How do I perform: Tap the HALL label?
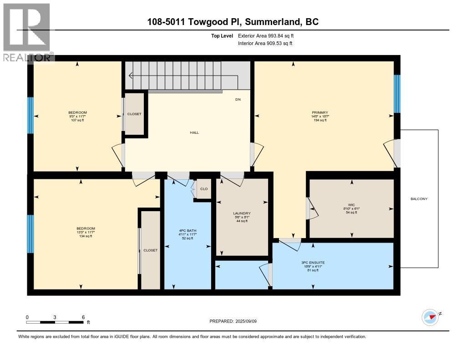194,132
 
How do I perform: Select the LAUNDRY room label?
242,213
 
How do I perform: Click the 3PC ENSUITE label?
313,263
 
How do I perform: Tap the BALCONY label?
419,199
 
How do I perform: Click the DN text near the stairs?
238,99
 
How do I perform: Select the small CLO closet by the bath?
204,189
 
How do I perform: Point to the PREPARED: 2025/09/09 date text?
233,321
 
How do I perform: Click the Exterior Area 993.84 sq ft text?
269,35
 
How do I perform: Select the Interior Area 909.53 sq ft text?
265,43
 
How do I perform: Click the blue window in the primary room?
397,94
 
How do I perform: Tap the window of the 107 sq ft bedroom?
30,115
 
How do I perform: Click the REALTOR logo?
26,32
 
